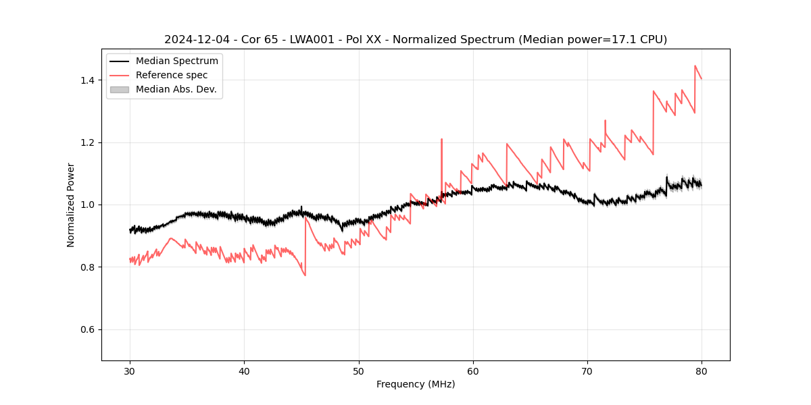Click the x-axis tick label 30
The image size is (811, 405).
point(130,371)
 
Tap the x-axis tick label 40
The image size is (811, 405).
point(245,371)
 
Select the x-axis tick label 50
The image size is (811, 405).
point(359,371)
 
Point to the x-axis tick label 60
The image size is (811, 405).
point(473,371)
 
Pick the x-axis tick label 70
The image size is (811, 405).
point(587,371)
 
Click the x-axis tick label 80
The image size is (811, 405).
point(702,371)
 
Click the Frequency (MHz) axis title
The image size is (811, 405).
point(416,384)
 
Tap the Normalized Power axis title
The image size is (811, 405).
point(71,205)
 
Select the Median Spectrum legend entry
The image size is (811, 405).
point(176,61)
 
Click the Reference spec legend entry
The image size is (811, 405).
point(172,75)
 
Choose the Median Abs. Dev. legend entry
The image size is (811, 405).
point(176,89)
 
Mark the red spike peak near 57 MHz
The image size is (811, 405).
point(441,139)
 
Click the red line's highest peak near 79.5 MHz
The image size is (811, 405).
point(695,65)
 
